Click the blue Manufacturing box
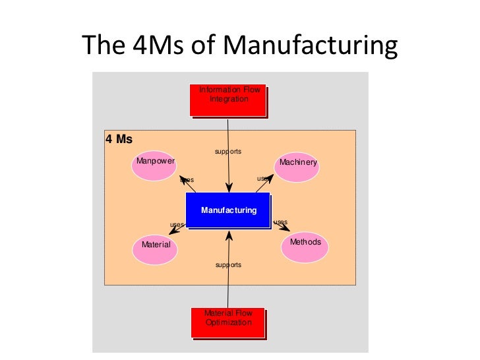(x=228, y=210)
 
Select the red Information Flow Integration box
(x=228, y=99)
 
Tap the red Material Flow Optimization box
(x=227, y=322)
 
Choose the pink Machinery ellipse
(x=297, y=166)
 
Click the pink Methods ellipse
(x=305, y=245)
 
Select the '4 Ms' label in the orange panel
(x=119, y=140)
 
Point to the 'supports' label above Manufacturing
(x=228, y=152)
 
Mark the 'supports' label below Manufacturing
(x=228, y=265)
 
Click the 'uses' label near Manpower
(x=187, y=180)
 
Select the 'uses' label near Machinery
(x=263, y=178)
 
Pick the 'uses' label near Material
(x=177, y=225)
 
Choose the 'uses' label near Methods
(x=280, y=222)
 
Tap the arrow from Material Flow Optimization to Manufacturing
(x=228, y=277)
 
